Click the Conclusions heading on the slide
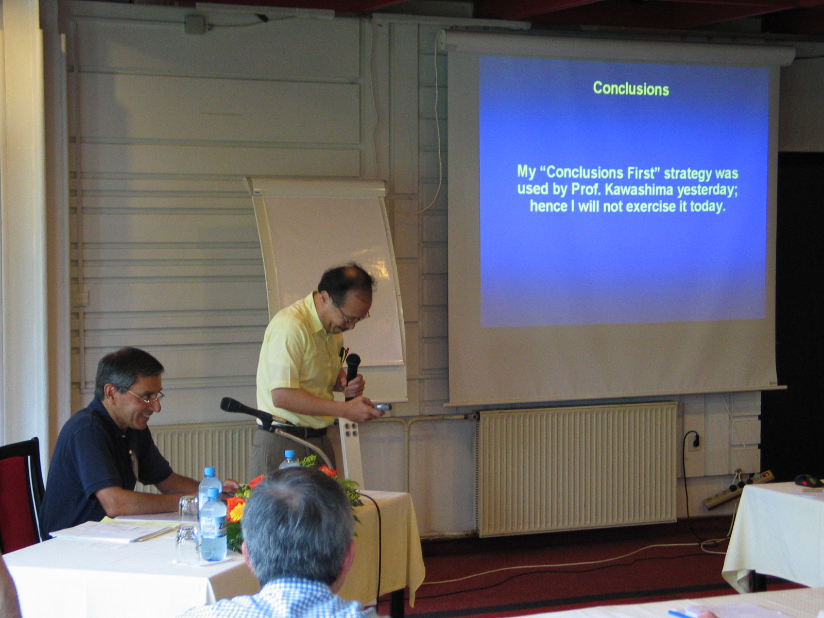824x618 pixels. [631, 89]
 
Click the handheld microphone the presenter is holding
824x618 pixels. [352, 375]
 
